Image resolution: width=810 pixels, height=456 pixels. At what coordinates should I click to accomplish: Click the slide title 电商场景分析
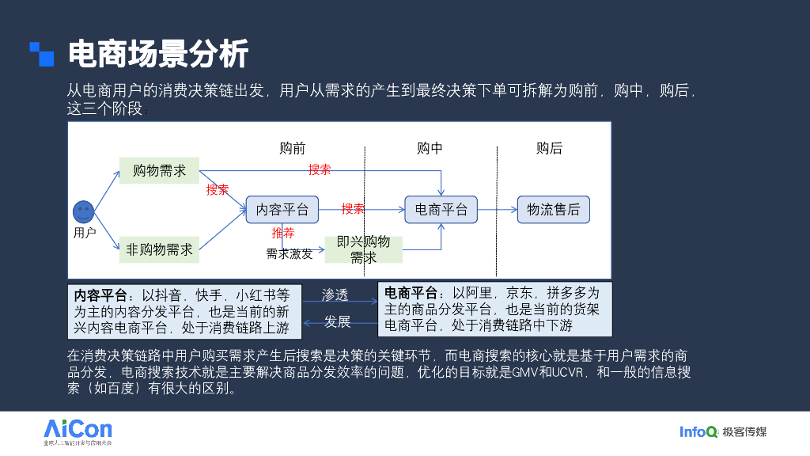[158, 54]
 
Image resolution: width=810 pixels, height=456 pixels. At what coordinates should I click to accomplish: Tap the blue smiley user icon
[83, 212]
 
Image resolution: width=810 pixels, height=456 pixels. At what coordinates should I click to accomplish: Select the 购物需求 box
[159, 170]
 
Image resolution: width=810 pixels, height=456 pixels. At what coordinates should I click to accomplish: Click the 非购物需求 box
[159, 249]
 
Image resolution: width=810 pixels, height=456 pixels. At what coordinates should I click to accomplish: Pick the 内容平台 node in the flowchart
[282, 210]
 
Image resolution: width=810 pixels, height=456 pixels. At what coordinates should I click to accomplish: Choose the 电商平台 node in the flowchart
[441, 210]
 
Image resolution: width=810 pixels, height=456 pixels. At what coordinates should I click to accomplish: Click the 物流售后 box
[554, 210]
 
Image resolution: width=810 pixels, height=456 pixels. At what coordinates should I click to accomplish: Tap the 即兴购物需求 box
[364, 249]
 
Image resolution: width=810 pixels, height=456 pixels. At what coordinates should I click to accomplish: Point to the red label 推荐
[283, 233]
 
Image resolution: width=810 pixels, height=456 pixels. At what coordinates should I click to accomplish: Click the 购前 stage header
[292, 148]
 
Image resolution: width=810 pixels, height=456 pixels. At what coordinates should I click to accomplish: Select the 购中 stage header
[430, 148]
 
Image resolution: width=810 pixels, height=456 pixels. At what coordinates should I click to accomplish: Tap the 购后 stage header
[549, 148]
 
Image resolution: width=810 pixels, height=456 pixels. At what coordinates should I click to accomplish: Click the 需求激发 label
[290, 254]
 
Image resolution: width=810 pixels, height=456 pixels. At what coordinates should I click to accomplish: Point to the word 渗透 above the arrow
[335, 294]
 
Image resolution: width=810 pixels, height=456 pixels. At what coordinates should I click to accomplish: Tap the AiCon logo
[78, 431]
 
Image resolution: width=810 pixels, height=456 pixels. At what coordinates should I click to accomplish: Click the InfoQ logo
[698, 431]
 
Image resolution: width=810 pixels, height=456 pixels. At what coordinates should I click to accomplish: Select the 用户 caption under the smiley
[84, 233]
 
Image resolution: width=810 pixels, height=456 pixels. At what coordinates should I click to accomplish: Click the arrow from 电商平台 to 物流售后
[498, 210]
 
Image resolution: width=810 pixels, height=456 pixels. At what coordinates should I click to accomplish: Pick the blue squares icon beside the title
[42, 54]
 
